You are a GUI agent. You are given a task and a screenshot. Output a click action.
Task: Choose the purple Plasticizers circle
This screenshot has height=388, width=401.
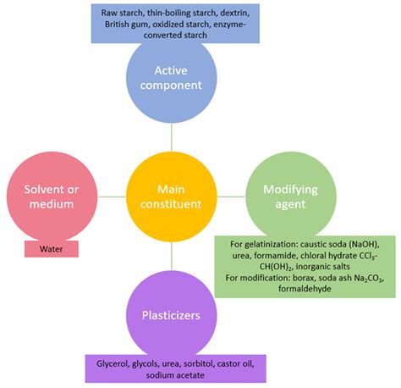[171, 314]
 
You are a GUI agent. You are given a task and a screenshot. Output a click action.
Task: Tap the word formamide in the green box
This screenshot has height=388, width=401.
[265, 253]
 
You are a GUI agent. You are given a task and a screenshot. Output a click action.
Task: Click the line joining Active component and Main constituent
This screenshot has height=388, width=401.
[171, 136]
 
